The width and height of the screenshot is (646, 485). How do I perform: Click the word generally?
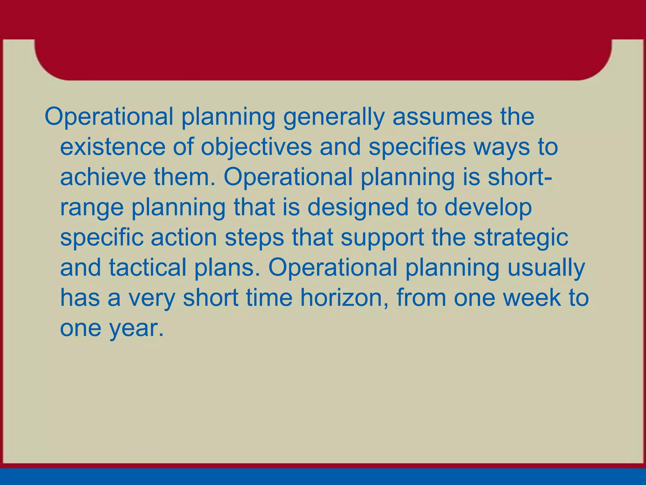pos(334,117)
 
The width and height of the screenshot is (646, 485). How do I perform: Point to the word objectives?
pos(256,147)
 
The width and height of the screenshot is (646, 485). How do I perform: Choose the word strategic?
pos(521,238)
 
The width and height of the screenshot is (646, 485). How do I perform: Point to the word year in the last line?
pos(136,329)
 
